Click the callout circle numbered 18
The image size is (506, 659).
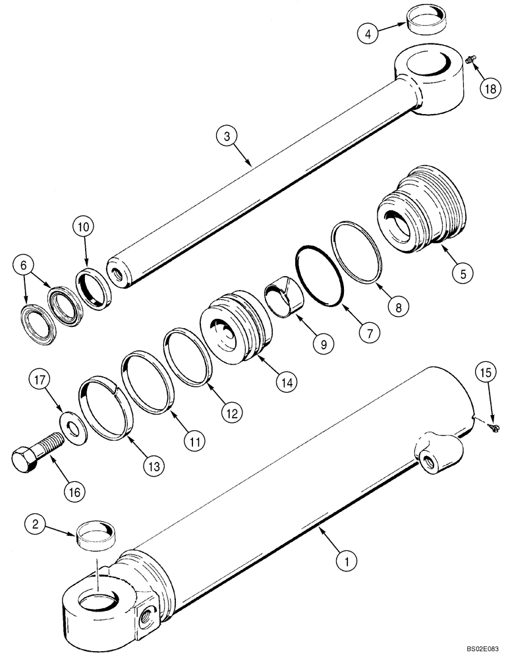point(489,90)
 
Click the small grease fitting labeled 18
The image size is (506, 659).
point(470,60)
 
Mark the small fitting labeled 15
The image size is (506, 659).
point(494,428)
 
